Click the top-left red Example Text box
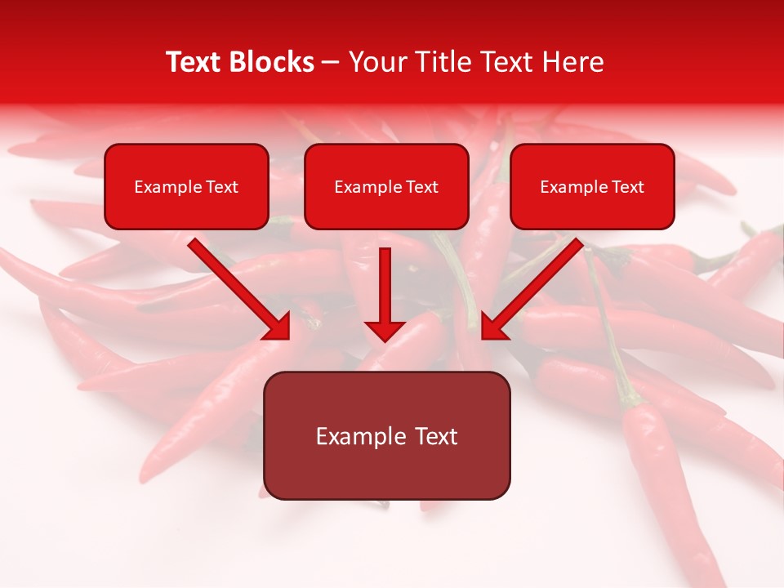click(186, 187)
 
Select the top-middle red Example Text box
click(386, 187)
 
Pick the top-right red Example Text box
click(592, 187)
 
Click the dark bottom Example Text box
click(386, 436)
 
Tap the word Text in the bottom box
click(437, 436)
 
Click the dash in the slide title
click(331, 63)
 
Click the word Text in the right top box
click(628, 187)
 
